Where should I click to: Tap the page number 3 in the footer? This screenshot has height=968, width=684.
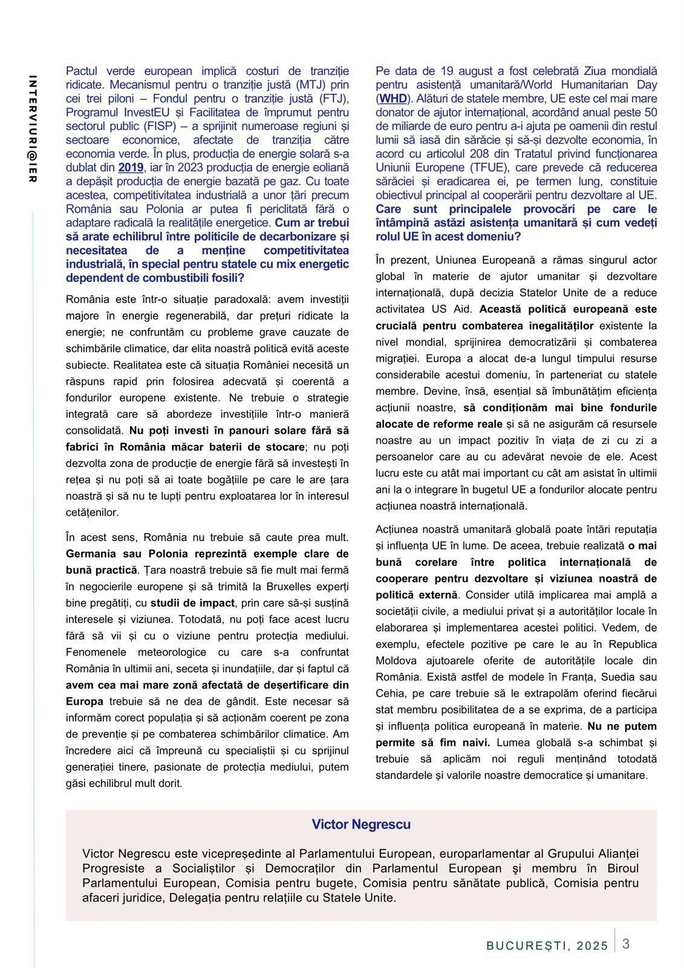pyautogui.click(x=626, y=943)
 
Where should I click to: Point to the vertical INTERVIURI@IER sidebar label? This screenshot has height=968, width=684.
pyautogui.click(x=33, y=129)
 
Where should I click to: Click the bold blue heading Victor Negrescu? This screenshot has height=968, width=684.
pyautogui.click(x=361, y=824)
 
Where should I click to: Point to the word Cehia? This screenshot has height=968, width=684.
pyautogui.click(x=391, y=693)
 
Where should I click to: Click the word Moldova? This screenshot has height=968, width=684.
pyautogui.click(x=396, y=661)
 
